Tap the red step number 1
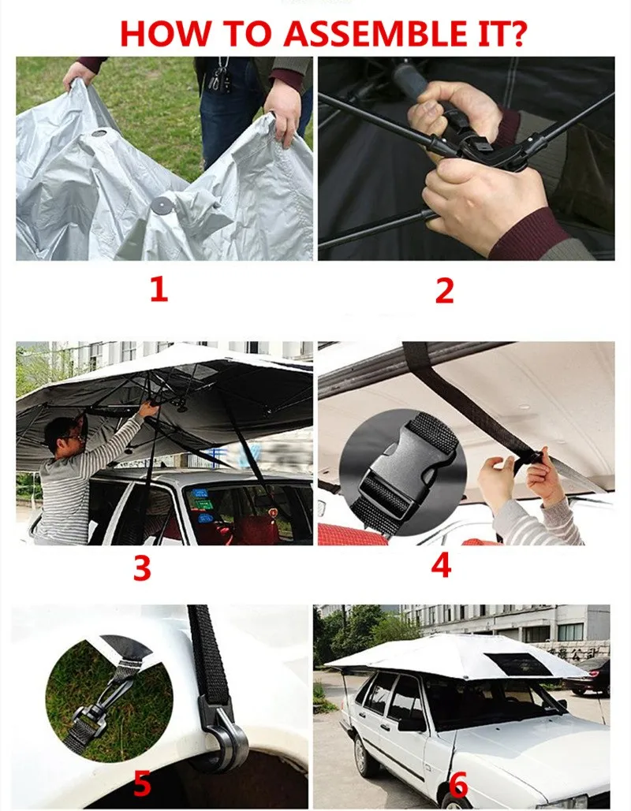tap(159, 290)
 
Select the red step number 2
tap(445, 291)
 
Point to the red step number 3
tap(142, 568)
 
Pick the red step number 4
tap(441, 565)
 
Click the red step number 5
tap(142, 783)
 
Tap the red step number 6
tap(458, 784)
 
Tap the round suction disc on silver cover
tap(162, 206)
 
